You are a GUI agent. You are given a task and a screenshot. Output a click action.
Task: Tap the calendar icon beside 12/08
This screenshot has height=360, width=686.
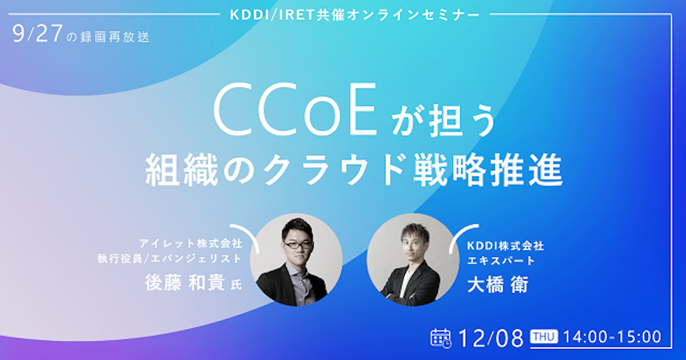441,338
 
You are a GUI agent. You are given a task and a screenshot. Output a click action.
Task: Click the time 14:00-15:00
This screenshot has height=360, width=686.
612,337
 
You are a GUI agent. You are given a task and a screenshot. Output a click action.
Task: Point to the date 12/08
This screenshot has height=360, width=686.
492,338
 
